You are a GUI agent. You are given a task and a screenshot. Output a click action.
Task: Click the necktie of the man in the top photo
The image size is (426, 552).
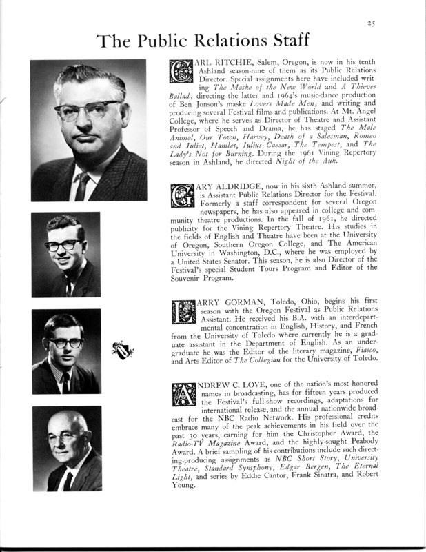83,185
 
